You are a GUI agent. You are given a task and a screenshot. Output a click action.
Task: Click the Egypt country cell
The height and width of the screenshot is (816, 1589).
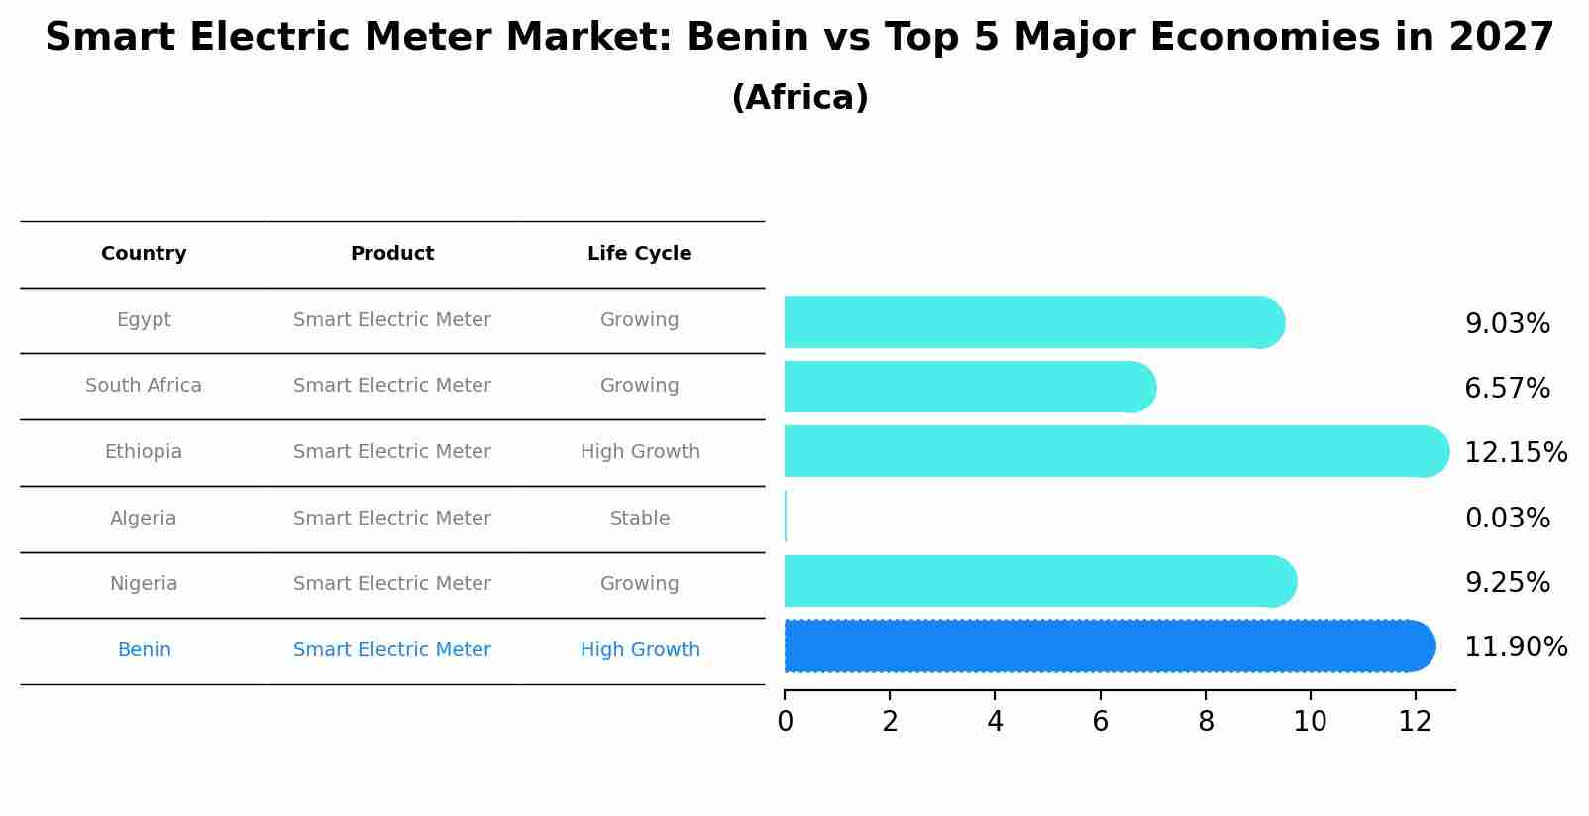[144, 320]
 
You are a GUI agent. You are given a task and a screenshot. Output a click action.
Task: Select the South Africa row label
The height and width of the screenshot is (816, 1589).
[144, 386]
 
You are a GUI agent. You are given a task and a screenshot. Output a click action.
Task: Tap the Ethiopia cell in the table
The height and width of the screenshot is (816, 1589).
[144, 452]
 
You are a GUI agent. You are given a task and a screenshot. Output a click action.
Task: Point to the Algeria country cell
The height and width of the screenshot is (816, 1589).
[144, 519]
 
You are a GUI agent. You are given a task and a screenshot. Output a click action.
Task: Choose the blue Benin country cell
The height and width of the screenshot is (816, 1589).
[145, 650]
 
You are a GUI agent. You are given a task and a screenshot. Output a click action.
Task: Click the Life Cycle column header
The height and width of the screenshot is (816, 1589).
[639, 254]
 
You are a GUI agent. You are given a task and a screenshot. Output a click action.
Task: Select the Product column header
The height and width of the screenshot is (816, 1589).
[392, 254]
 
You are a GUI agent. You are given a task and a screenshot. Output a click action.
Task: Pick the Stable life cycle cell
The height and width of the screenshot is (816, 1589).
[640, 519]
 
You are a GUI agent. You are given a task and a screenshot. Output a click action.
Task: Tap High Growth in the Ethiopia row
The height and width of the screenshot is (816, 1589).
[640, 452]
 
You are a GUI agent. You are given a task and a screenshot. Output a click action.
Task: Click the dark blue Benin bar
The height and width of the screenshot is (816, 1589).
[1100, 646]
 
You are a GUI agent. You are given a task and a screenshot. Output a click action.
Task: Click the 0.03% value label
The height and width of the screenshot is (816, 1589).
[1507, 518]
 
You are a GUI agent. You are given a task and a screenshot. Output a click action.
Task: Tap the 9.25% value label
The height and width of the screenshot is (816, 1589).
[1507, 583]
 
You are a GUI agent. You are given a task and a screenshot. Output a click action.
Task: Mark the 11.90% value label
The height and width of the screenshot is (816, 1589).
[1515, 647]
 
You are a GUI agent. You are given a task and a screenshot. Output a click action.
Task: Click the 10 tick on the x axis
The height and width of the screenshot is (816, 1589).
[1310, 722]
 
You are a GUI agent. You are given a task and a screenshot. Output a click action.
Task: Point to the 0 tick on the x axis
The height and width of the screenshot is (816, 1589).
[785, 722]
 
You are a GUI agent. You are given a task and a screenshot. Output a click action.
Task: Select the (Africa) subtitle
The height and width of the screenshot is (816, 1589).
[799, 98]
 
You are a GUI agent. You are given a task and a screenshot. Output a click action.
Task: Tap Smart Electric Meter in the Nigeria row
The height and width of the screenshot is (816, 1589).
[392, 584]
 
